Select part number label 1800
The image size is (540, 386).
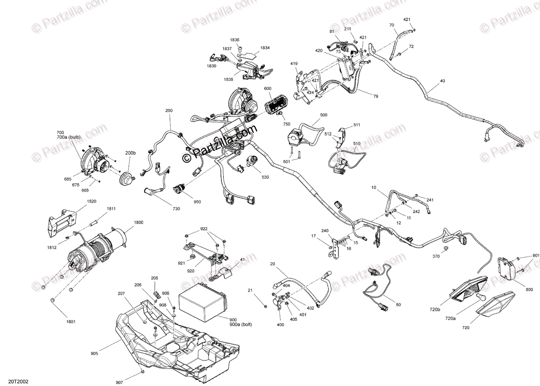click(x=138, y=222)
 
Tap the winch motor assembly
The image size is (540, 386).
click(x=94, y=252)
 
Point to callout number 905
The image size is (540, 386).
click(x=94, y=354)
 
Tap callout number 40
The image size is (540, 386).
click(x=442, y=81)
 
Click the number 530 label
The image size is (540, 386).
click(x=265, y=177)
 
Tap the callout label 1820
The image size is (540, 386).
click(x=79, y=202)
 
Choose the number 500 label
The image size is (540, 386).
click(x=324, y=115)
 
